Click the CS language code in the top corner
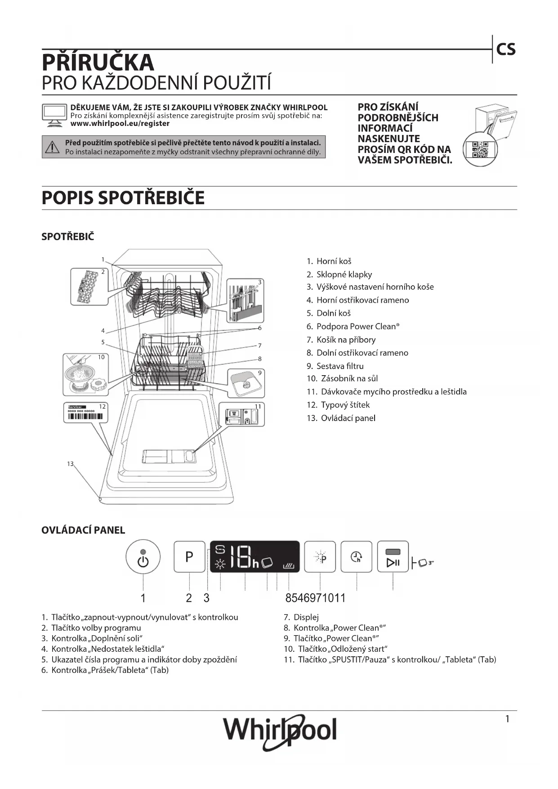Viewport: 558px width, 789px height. point(506,49)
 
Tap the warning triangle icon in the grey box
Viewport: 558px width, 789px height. point(53,147)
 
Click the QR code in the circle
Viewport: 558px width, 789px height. point(480,149)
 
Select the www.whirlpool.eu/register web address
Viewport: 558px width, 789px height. point(120,124)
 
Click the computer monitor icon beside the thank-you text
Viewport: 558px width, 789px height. point(54,115)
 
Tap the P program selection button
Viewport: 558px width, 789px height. point(189,557)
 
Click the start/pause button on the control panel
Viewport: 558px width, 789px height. point(393,557)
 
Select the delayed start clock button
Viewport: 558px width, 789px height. point(357,557)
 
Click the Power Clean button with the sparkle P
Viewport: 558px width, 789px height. point(320,557)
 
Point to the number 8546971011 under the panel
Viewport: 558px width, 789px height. point(315,598)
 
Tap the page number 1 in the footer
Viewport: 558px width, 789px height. point(507,719)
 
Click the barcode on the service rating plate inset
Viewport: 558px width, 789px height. point(85,416)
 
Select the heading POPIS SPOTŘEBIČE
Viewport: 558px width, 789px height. point(123,198)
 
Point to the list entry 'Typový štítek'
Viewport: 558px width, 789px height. point(345,405)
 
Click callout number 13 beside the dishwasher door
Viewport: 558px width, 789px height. point(70,464)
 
